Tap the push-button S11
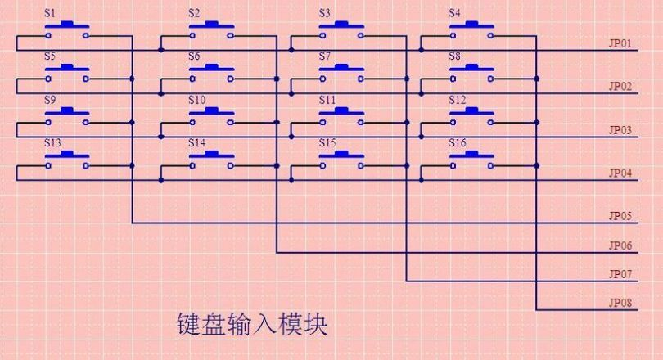click(341, 116)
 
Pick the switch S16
click(471, 160)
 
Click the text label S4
click(455, 13)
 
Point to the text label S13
click(52, 142)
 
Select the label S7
click(325, 56)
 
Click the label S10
click(196, 100)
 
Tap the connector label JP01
click(620, 43)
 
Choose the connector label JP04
click(620, 173)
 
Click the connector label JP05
click(620, 216)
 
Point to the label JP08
click(620, 303)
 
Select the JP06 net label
click(620, 245)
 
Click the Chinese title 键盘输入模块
click(252, 324)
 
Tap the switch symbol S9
click(67, 116)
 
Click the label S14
click(196, 142)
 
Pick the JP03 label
click(620, 129)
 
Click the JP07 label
click(620, 273)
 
